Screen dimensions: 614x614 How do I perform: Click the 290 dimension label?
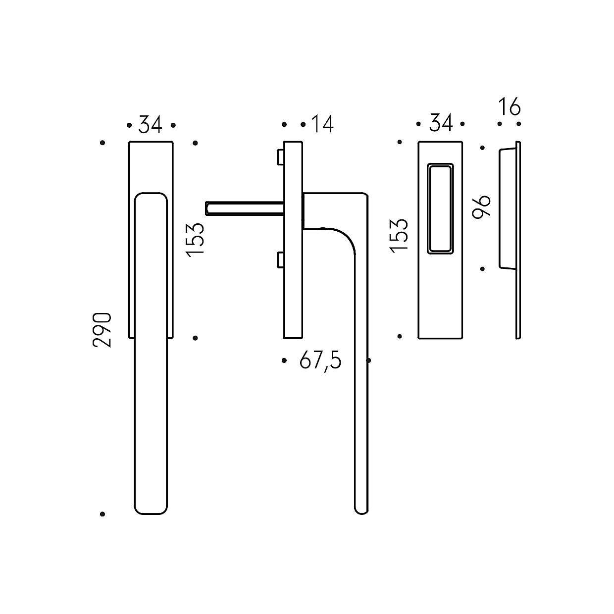click(x=102, y=330)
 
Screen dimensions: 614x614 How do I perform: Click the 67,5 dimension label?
click(x=320, y=361)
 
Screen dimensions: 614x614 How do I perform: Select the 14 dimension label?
click(x=322, y=124)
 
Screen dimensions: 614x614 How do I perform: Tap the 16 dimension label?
click(x=510, y=106)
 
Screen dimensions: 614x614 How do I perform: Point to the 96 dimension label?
click(x=481, y=207)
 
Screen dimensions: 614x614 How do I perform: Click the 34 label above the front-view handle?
click(x=151, y=125)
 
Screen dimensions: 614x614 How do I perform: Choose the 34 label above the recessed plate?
click(x=441, y=123)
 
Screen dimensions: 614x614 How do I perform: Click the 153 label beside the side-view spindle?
click(x=195, y=240)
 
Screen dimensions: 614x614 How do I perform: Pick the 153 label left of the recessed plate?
click(x=399, y=236)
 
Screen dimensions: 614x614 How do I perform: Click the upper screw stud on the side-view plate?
click(x=280, y=157)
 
